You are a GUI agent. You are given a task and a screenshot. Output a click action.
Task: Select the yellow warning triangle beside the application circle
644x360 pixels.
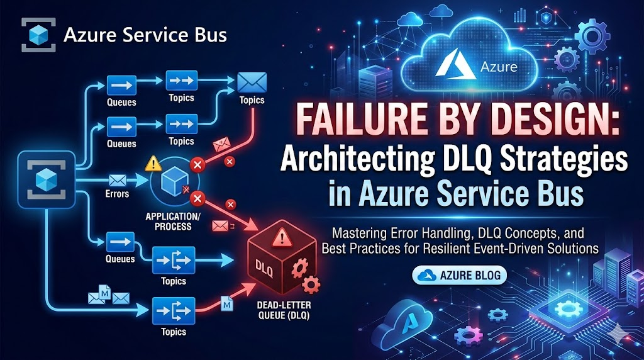coord(153,164)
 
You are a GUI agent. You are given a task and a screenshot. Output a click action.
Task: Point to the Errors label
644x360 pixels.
coord(118,194)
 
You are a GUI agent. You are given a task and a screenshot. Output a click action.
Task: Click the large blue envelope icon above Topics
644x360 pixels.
coord(252,82)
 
